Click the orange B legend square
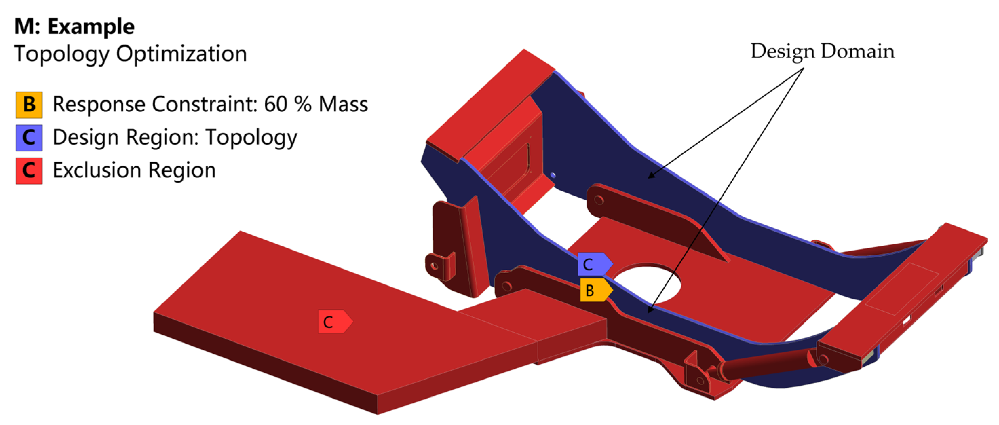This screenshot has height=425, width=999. click(x=29, y=105)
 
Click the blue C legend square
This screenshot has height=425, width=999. click(x=29, y=138)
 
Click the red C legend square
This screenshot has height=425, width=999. click(x=29, y=170)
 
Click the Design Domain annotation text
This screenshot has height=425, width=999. click(x=822, y=52)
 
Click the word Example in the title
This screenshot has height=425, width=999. click(x=91, y=26)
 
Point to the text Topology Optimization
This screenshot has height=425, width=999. click(x=130, y=54)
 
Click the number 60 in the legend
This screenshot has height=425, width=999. click(x=276, y=105)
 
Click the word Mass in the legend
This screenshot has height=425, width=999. click(x=343, y=105)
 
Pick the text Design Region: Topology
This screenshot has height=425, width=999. click(x=174, y=137)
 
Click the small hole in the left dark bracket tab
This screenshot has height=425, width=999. click(x=434, y=266)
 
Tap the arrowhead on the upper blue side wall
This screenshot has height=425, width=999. click(x=652, y=176)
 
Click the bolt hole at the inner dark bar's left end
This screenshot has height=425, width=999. click(x=598, y=200)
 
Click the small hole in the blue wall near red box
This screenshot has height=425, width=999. click(x=553, y=175)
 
